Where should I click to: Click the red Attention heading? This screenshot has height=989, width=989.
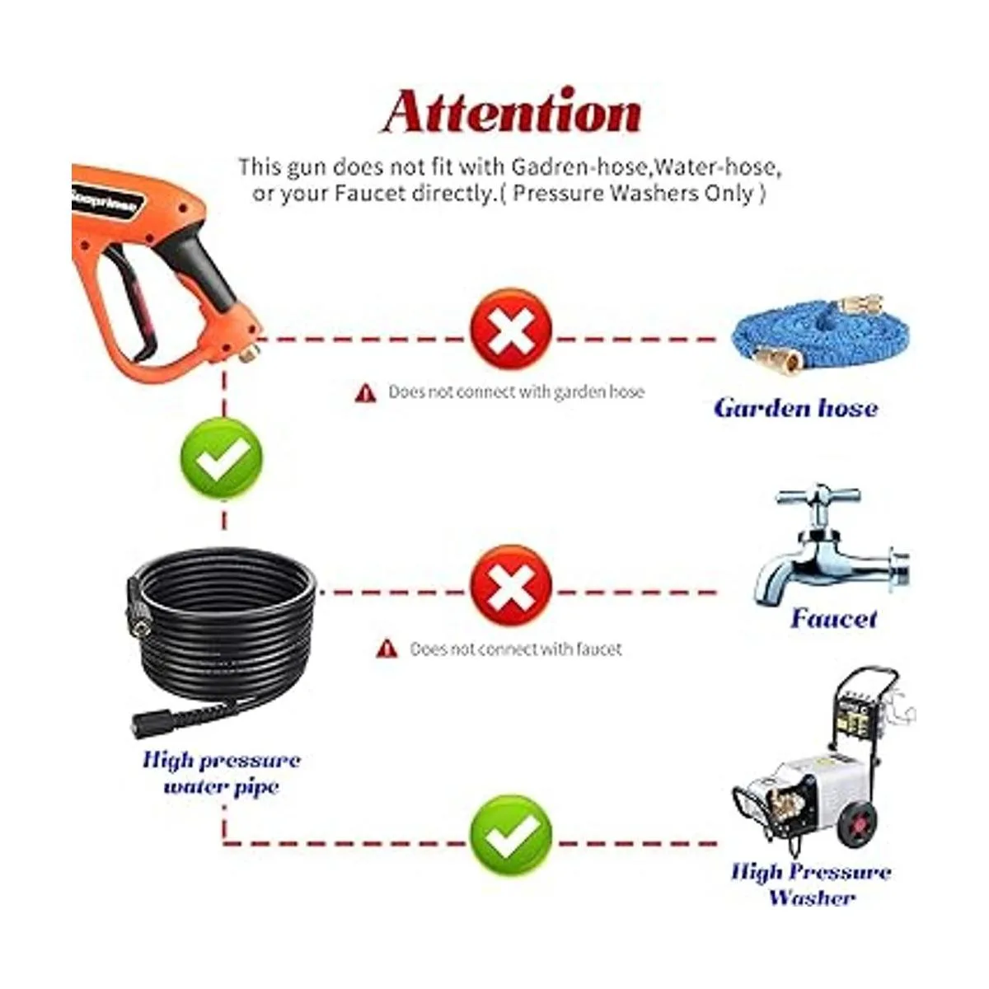point(512,111)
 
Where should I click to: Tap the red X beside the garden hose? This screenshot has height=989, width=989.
point(511,329)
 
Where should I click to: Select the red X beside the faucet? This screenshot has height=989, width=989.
point(511,586)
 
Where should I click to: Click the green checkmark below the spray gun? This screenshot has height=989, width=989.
point(221,458)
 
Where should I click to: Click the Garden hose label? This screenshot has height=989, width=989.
point(796,409)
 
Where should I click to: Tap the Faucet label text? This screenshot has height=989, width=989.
point(833,618)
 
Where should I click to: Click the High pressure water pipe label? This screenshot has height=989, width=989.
point(222,773)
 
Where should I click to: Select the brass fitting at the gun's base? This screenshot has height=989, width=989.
point(250,353)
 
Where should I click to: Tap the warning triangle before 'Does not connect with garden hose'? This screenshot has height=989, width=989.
point(365,393)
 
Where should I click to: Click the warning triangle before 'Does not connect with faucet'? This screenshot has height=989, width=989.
point(387,649)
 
